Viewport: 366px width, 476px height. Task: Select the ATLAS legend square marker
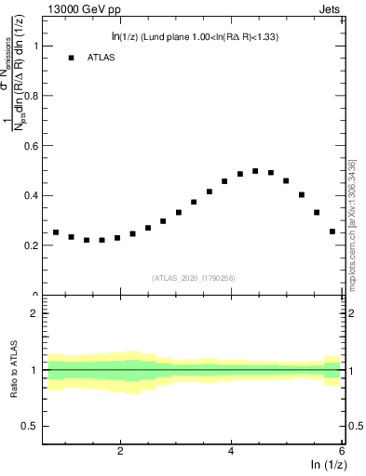71,58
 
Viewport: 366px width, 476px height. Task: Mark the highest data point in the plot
255,171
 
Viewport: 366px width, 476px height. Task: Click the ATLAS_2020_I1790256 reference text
195,278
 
